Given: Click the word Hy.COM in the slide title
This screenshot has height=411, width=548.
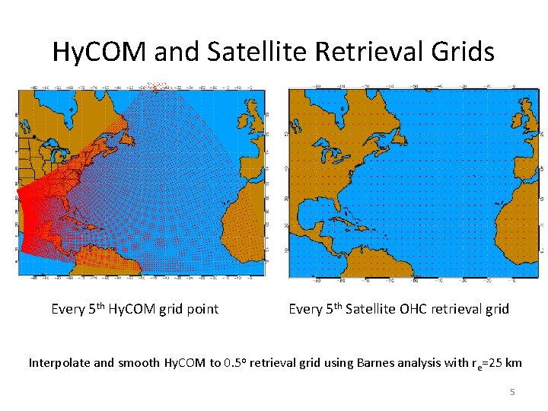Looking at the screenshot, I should (100, 52).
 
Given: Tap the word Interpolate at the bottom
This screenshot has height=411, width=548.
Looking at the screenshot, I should (58, 362).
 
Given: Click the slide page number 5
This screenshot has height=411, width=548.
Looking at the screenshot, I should (512, 392).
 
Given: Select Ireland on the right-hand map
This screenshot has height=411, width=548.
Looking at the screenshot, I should (516, 120).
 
